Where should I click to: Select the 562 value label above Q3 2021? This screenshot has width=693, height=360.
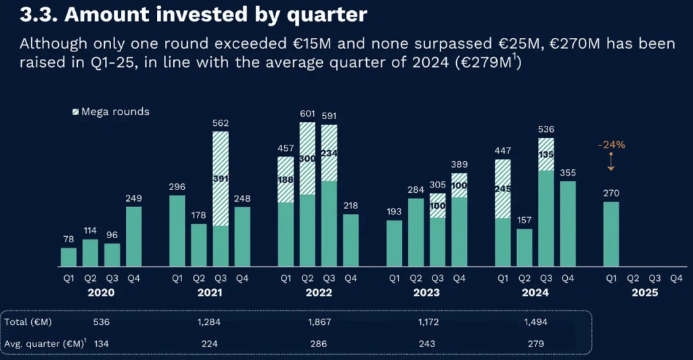click(x=221, y=123)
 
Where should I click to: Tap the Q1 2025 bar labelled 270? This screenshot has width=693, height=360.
click(x=610, y=233)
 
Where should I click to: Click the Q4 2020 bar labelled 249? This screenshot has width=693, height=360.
click(x=134, y=236)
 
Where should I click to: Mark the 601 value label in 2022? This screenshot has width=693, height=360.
click(x=307, y=114)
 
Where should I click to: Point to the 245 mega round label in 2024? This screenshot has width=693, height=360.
click(x=503, y=189)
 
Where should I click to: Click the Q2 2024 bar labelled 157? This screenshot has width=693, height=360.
click(x=524, y=247)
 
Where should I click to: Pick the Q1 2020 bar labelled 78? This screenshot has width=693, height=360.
click(x=69, y=256)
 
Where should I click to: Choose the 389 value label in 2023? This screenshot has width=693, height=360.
click(x=460, y=154)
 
